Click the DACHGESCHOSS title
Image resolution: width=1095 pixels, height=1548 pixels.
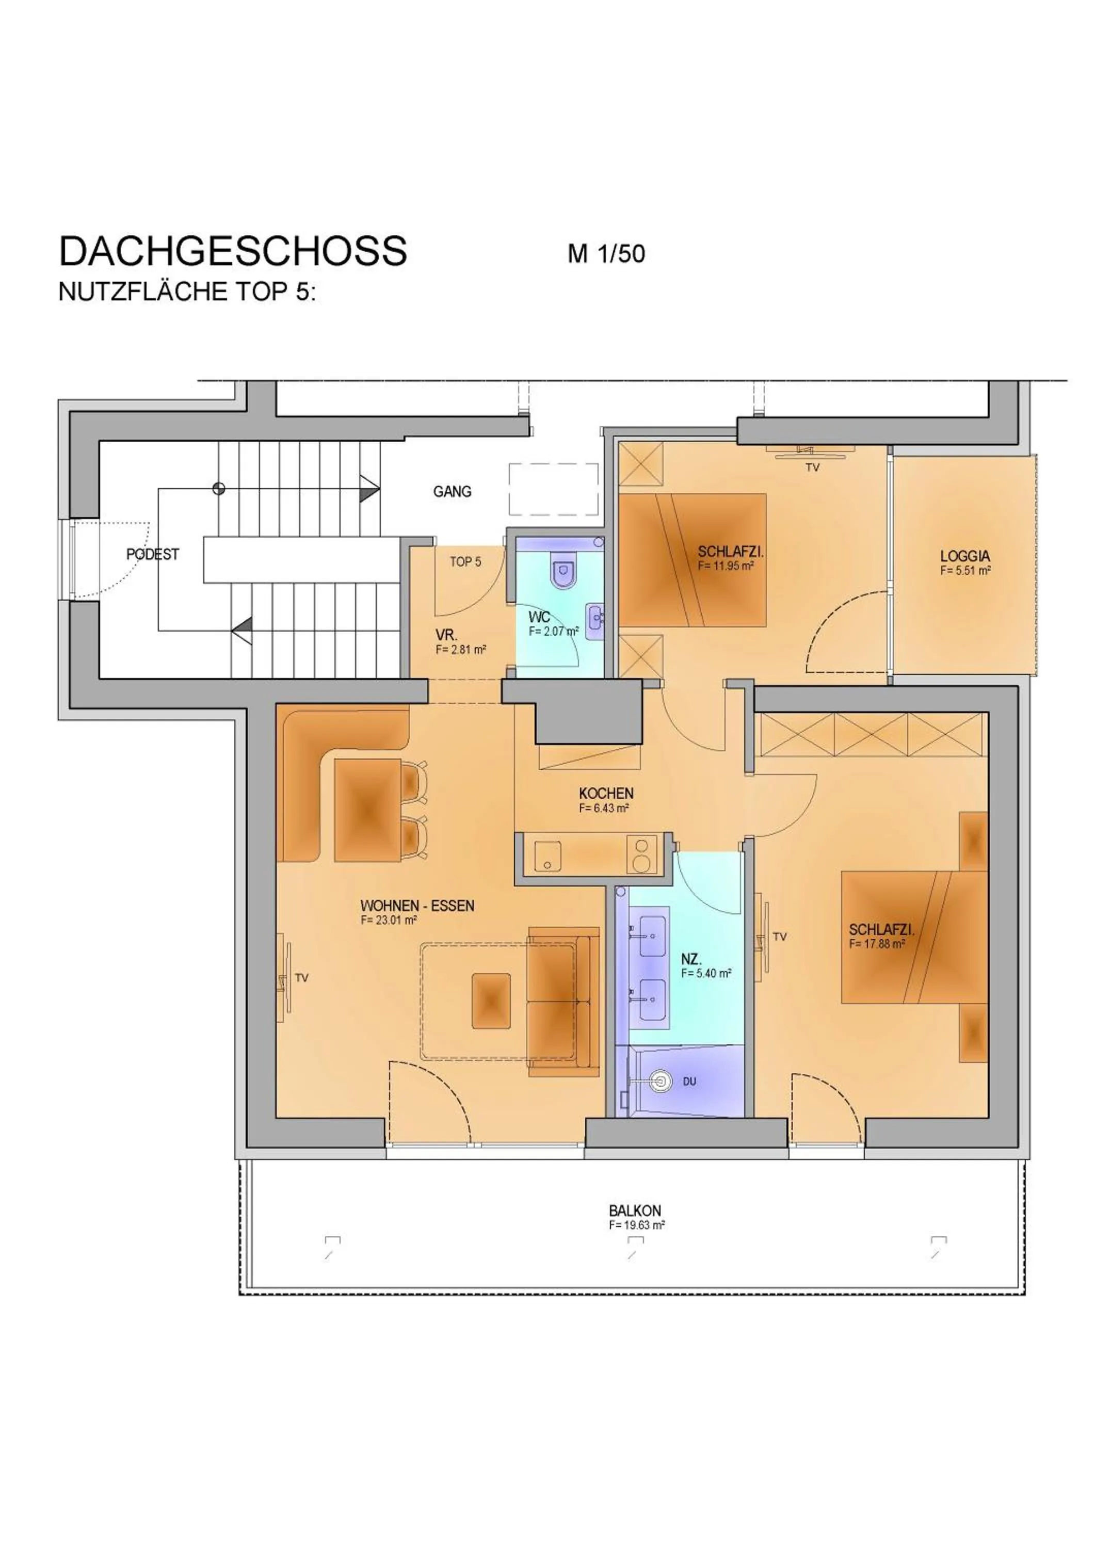click(233, 251)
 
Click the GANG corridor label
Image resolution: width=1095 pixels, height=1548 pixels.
click(452, 492)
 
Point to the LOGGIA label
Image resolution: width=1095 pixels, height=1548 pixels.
click(965, 556)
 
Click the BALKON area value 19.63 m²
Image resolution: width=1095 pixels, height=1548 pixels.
click(636, 1225)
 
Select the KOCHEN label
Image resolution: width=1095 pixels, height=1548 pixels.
click(605, 794)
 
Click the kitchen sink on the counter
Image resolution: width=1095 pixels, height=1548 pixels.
click(547, 858)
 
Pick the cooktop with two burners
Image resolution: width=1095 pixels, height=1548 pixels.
click(642, 853)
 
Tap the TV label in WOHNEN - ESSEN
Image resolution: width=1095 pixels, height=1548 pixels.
click(301, 978)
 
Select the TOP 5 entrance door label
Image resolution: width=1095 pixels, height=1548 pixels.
click(465, 561)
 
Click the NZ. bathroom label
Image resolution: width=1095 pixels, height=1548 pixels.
click(690, 959)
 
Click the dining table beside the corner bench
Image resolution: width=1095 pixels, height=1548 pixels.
click(367, 809)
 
